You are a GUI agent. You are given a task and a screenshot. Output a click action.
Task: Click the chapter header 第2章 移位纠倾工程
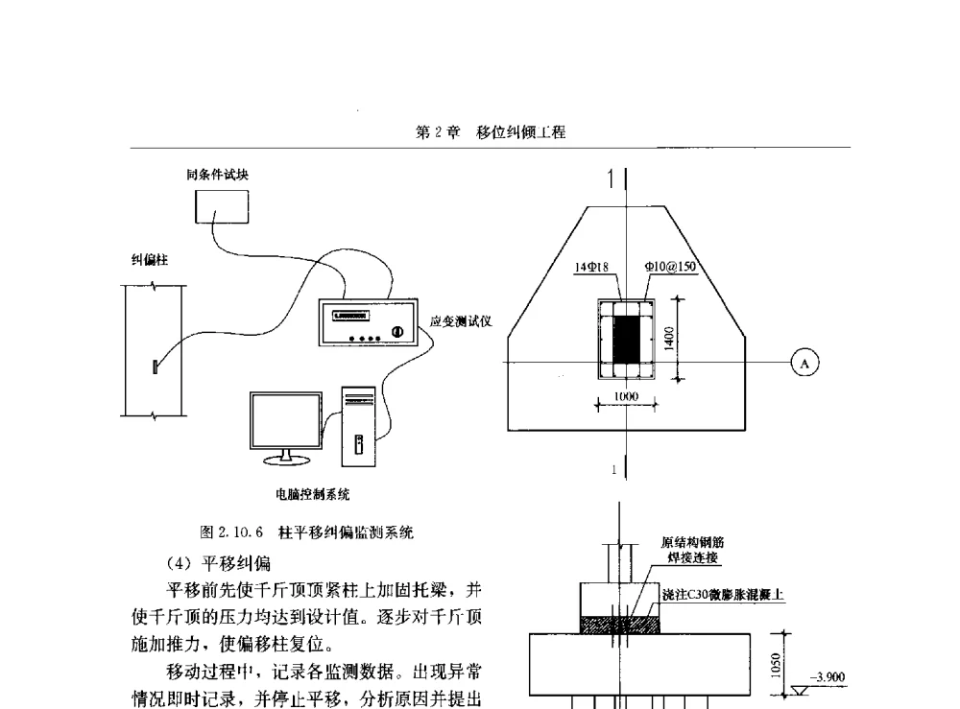coord(491,133)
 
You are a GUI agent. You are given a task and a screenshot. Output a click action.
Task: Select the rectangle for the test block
coord(222,206)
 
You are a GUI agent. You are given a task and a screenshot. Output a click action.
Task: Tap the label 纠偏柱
coord(144,259)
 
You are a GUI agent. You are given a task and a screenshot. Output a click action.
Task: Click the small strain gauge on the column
coord(154,366)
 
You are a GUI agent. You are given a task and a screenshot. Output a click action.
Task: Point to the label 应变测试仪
coord(454,320)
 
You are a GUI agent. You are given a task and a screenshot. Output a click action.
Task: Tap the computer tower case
coord(358,421)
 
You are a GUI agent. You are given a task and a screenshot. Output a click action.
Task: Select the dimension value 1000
coord(627,396)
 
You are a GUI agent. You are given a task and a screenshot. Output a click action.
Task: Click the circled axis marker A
coord(804,362)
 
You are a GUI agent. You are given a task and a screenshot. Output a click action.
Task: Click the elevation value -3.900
coord(828,677)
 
